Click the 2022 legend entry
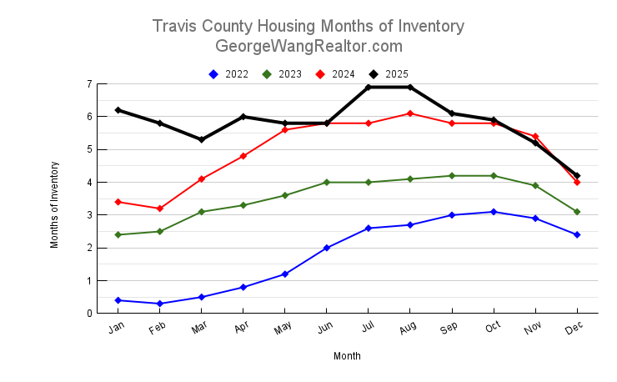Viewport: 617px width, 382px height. point(229,74)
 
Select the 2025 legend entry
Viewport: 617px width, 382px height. point(389,74)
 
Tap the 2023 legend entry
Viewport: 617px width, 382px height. point(283,74)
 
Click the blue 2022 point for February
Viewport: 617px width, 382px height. point(159,304)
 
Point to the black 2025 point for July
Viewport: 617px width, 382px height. point(368,88)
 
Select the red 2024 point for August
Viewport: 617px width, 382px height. point(409,113)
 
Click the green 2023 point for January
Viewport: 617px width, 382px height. point(118,234)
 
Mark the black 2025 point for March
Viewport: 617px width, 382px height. point(201,139)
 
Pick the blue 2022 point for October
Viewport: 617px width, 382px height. point(493,212)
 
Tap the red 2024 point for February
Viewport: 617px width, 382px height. point(159,209)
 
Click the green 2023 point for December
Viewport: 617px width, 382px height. point(576,212)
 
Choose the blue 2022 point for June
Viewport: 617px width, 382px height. point(326,248)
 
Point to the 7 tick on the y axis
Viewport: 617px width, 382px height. point(88,84)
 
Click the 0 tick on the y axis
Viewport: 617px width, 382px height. point(88,314)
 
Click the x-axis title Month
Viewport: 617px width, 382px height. point(347,356)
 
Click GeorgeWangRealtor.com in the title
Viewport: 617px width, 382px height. point(308,46)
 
